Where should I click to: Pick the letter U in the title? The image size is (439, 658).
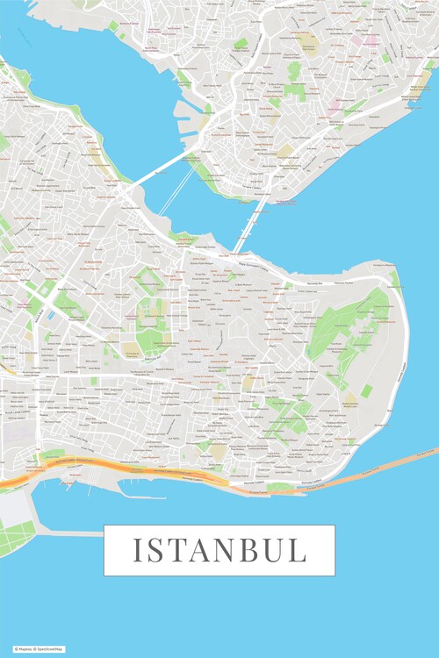click(273, 550)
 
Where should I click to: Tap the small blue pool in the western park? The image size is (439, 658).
click(52, 313)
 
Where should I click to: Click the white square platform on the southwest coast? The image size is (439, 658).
click(14, 508)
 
